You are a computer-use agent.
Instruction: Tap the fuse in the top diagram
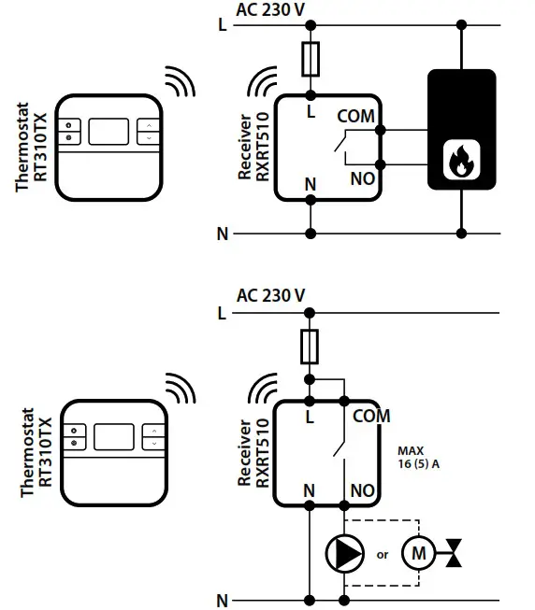coord(310,62)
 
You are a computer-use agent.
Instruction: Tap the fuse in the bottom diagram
coord(310,345)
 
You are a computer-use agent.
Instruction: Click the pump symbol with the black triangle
coord(343,553)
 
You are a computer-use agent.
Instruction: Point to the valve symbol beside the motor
coord(455,553)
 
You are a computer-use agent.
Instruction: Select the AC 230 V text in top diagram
coord(270,10)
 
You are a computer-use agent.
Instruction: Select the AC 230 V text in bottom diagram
coord(270,295)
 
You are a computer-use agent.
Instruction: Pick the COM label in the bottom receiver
coord(371,416)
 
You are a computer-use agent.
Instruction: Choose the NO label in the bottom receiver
coord(362,489)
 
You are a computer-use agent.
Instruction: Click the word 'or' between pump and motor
coord(382,555)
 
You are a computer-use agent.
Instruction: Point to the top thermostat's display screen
coord(112,130)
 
